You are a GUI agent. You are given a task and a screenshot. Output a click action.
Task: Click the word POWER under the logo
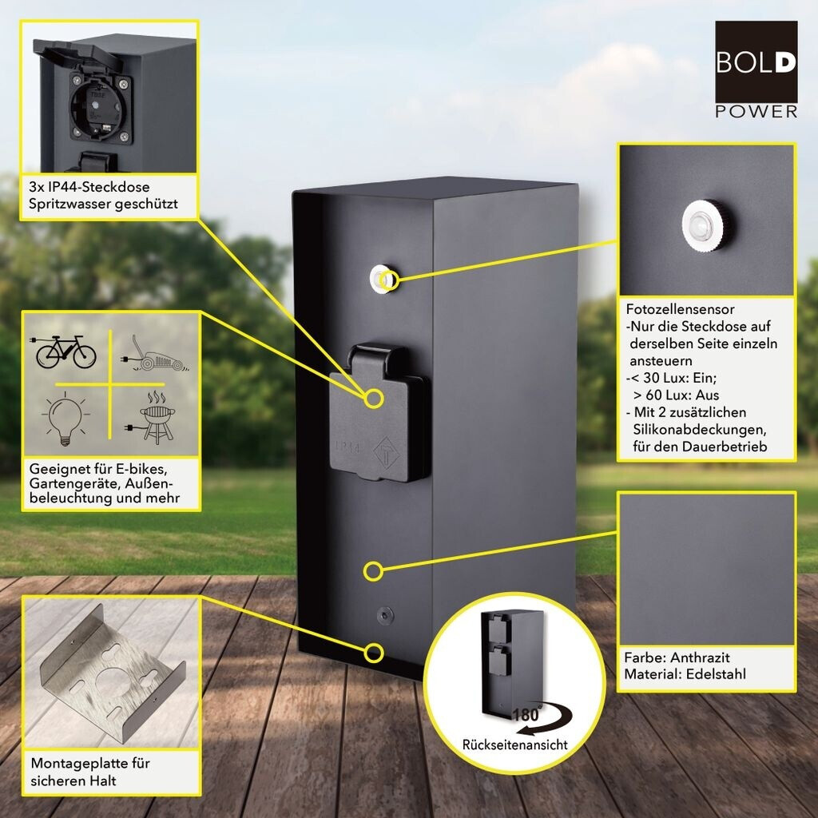[x=756, y=112]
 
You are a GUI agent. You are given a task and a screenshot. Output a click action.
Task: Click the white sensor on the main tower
[x=381, y=278]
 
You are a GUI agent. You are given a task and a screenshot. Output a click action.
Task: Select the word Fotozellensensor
[x=680, y=309]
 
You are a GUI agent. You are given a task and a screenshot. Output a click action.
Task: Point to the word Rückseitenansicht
[x=514, y=745]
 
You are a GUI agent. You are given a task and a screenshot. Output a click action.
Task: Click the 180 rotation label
[x=526, y=715]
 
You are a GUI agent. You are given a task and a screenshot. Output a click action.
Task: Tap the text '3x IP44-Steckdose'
[x=88, y=189]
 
